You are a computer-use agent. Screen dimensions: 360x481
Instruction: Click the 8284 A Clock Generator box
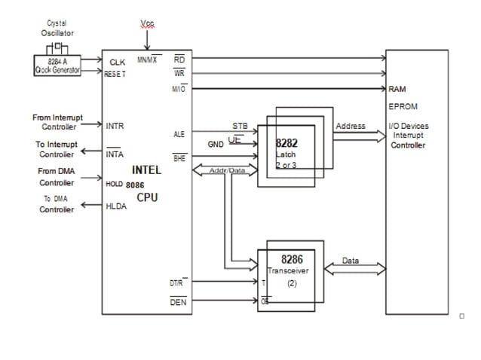click(57, 66)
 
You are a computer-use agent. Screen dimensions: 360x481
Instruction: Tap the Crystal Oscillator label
click(57, 28)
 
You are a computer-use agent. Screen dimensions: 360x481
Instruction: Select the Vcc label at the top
click(147, 24)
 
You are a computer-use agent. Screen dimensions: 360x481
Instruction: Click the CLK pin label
click(117, 62)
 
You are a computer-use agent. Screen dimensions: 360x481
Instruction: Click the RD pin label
click(179, 59)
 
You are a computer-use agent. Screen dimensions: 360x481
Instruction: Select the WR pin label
click(179, 74)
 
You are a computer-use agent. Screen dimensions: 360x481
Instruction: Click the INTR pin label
click(115, 126)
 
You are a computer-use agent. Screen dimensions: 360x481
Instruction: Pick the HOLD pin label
click(115, 184)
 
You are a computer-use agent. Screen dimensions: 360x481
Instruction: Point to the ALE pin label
click(179, 133)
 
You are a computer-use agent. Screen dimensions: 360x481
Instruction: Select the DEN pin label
click(178, 302)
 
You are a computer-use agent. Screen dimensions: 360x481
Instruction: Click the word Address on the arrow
click(350, 126)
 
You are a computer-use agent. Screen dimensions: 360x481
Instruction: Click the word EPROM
click(403, 107)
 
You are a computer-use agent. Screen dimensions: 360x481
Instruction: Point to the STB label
click(240, 126)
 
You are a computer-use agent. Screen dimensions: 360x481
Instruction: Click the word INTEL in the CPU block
click(146, 170)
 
